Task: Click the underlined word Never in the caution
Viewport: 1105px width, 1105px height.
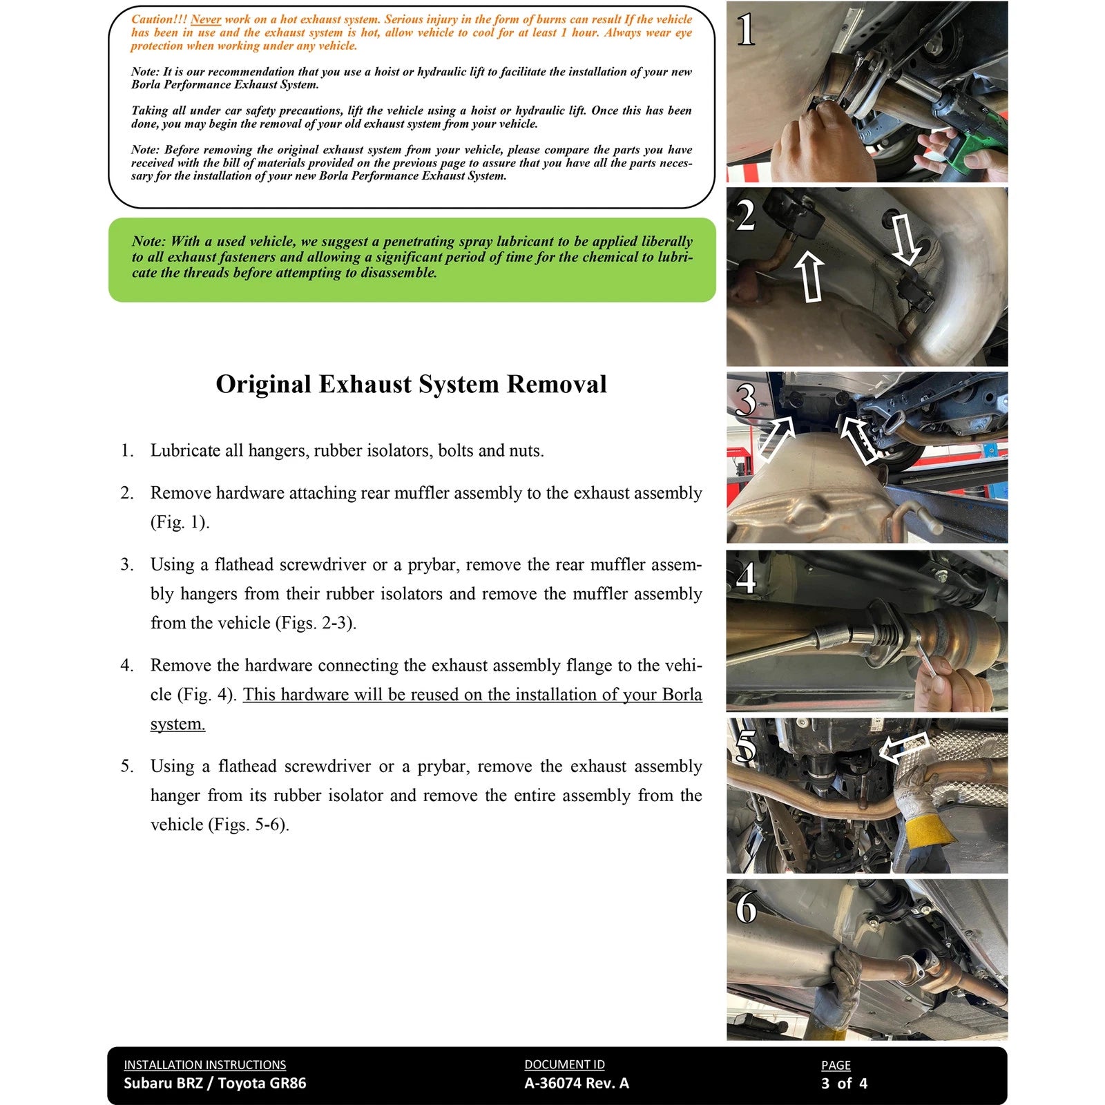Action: tap(205, 19)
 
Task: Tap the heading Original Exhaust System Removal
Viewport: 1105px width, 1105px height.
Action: tap(411, 384)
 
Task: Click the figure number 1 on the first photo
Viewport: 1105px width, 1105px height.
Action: tap(746, 30)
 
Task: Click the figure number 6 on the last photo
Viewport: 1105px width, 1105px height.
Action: tap(746, 907)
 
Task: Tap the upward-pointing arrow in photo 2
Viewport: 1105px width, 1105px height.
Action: tap(811, 276)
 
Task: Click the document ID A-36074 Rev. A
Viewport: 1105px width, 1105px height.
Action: tap(577, 1083)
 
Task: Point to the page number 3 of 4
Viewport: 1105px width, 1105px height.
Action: tap(844, 1083)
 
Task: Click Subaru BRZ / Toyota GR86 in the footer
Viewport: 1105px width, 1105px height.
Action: tap(215, 1083)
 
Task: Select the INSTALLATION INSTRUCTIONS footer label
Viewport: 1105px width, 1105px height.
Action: tap(204, 1065)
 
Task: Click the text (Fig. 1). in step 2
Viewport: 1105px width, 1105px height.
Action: tap(180, 522)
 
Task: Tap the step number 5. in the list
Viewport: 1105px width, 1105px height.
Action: tap(127, 766)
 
